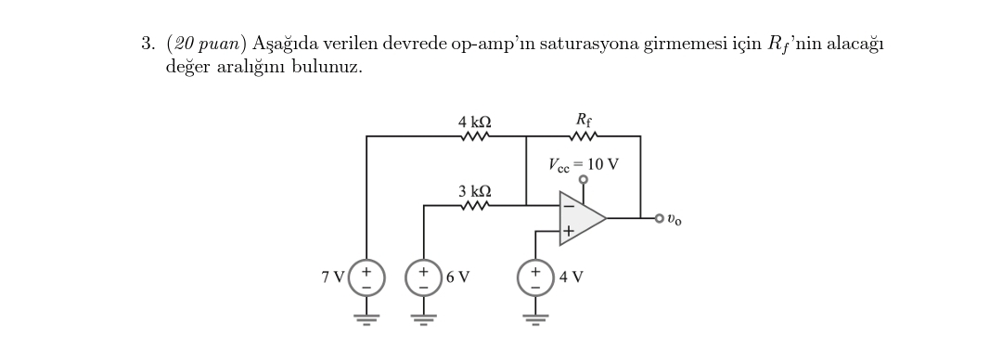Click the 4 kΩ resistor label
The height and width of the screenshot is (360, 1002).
click(475, 122)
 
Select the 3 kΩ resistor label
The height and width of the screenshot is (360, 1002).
click(475, 191)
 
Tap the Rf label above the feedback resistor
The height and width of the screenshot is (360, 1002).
click(584, 119)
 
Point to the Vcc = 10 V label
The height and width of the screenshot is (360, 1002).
click(584, 164)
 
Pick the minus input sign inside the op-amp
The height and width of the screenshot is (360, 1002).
click(567, 205)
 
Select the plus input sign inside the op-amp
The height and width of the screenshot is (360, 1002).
click(567, 231)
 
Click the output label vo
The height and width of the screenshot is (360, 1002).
click(674, 221)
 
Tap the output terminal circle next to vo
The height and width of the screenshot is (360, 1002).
click(659, 219)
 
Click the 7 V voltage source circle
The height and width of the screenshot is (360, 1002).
click(366, 277)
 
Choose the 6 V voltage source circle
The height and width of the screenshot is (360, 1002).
click(424, 277)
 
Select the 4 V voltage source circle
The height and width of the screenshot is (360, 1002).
click(535, 277)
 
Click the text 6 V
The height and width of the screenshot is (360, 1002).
click(457, 277)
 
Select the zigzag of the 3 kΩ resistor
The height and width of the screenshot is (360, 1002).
click(475, 206)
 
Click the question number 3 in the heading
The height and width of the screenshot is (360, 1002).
click(148, 44)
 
